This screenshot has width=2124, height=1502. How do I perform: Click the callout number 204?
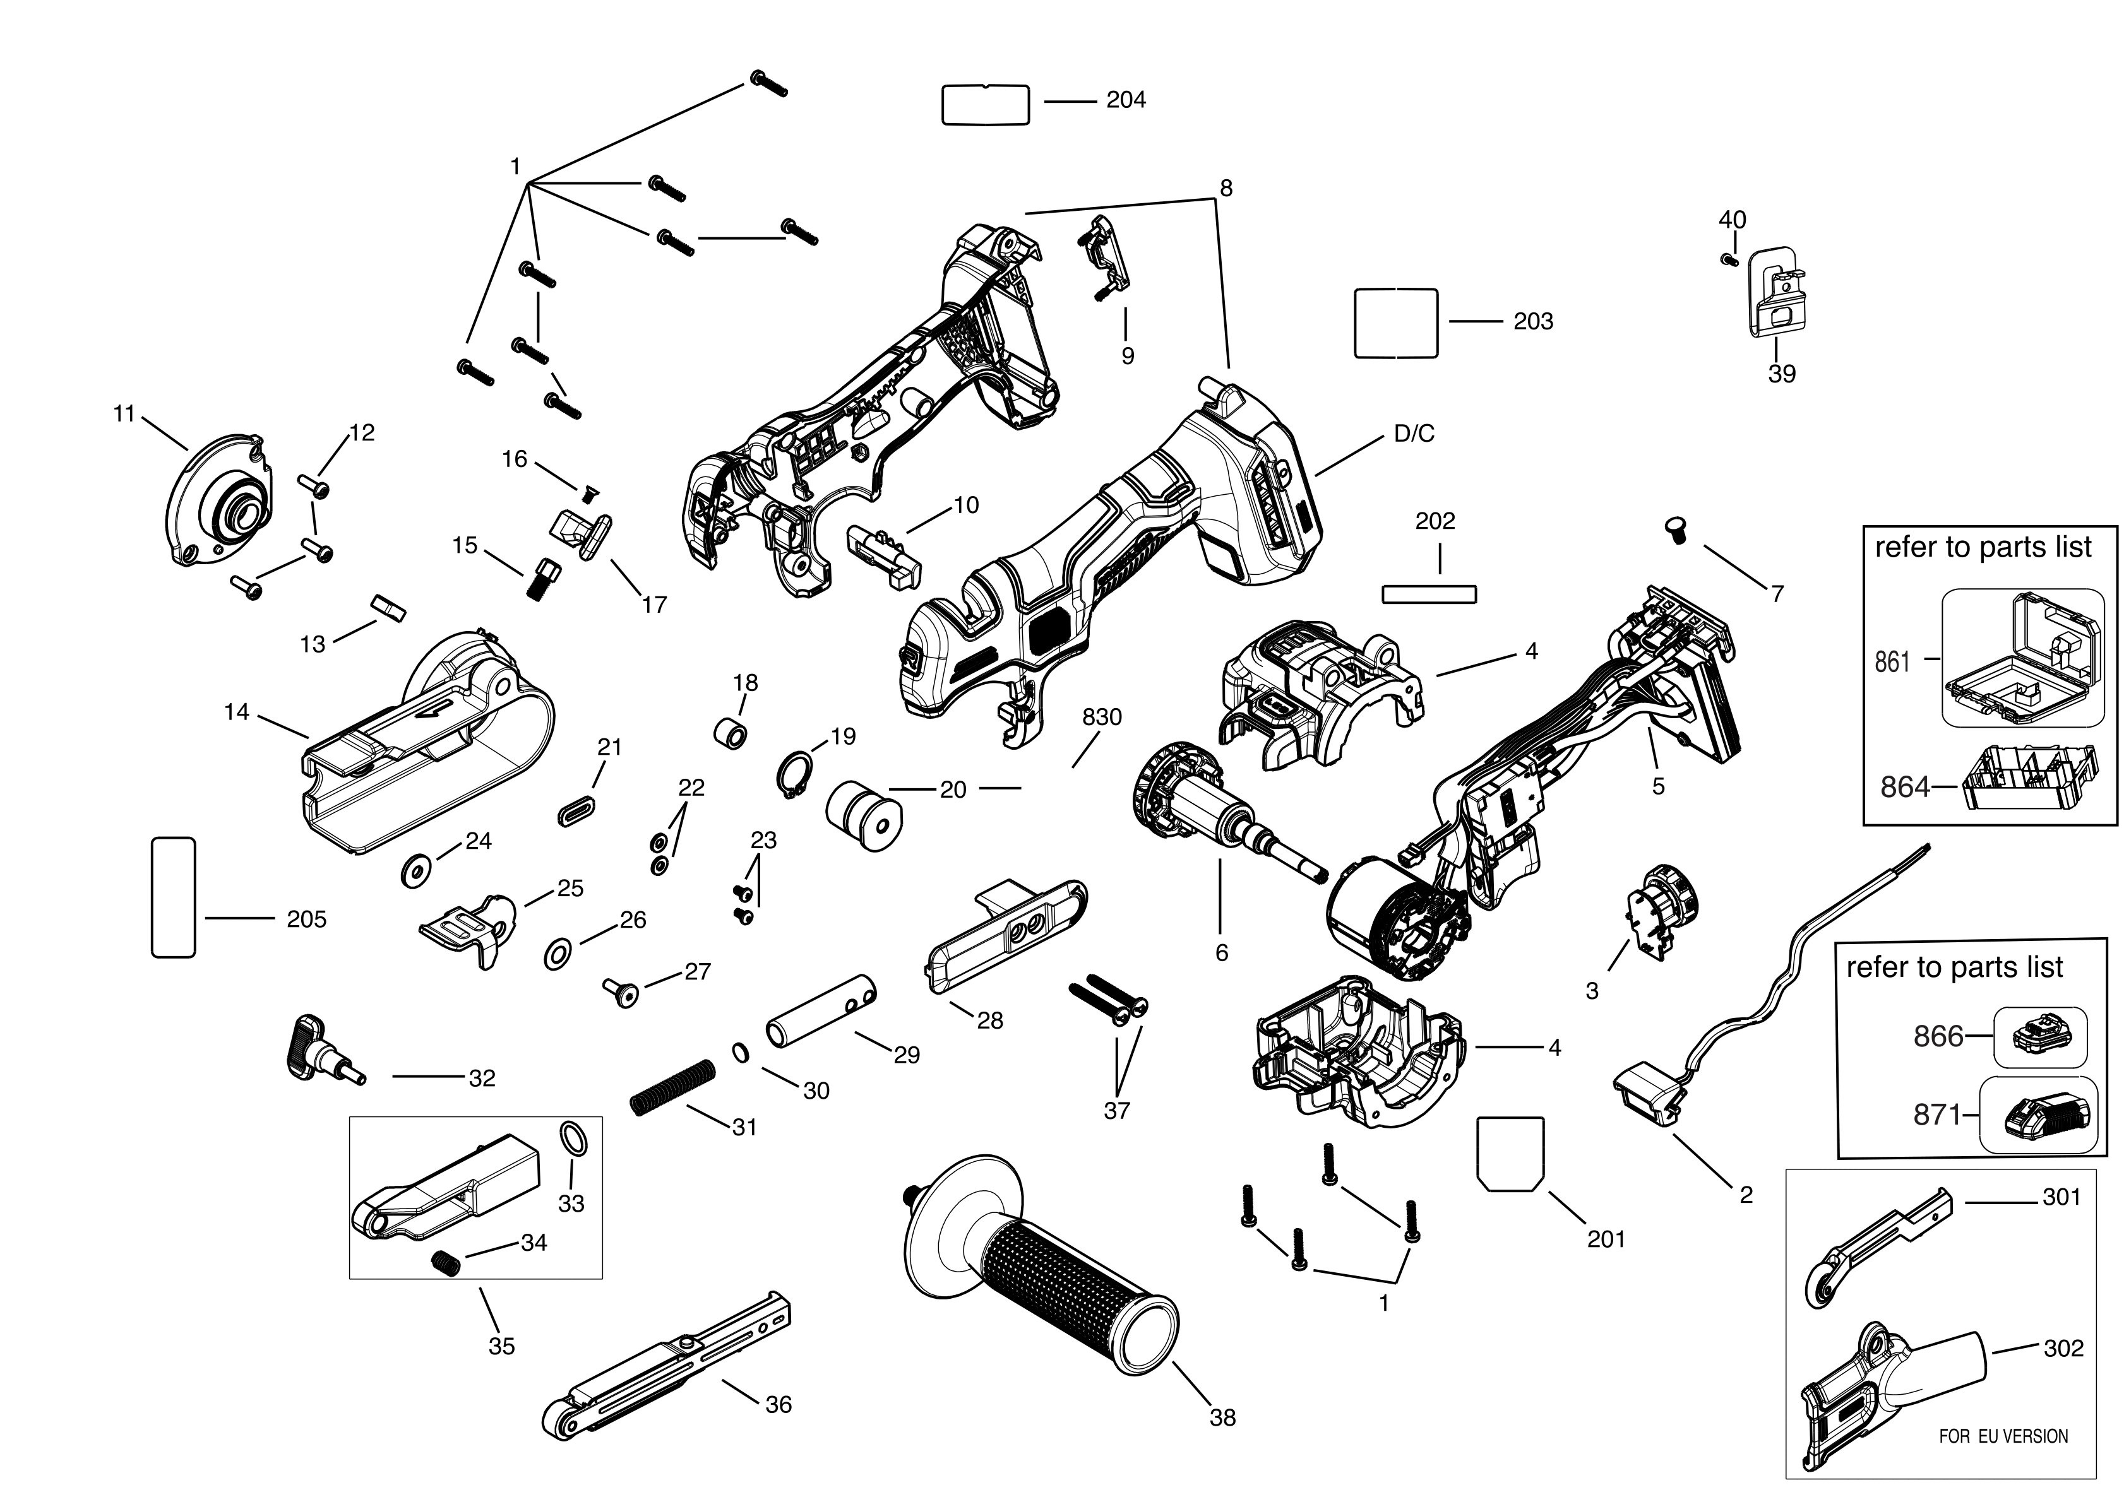pos(1125,100)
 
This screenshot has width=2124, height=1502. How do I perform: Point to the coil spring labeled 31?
pos(672,1087)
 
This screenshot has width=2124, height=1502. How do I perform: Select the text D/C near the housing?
pos(1414,434)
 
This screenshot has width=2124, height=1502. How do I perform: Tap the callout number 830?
pos(1101,717)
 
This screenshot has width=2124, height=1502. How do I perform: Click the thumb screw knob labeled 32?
pos(319,1048)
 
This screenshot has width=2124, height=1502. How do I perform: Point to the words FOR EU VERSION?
pos(2003,1436)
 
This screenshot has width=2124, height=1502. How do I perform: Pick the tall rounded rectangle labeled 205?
pos(173,897)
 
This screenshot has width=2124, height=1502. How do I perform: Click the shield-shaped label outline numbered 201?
pos(1510,1154)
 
